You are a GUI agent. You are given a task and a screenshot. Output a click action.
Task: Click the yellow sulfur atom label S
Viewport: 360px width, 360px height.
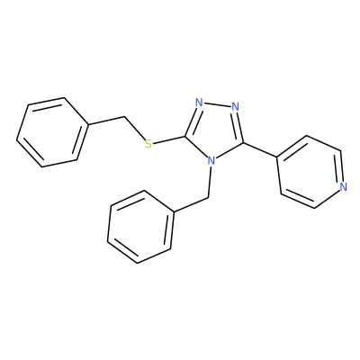pos(148,144)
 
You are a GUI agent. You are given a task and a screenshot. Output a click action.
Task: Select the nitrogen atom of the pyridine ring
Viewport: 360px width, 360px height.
pos(344,186)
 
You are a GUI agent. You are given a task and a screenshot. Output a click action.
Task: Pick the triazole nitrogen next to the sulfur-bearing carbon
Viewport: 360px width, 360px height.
pos(199,103)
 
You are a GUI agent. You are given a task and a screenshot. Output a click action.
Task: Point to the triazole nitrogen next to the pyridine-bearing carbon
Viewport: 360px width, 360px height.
pos(236,106)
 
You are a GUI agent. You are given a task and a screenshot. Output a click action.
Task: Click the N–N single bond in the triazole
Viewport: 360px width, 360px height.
pos(217,104)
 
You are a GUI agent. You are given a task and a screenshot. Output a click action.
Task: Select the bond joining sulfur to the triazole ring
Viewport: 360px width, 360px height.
pos(169,139)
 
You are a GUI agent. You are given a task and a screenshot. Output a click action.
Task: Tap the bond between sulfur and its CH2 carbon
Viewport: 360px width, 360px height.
pos(134,129)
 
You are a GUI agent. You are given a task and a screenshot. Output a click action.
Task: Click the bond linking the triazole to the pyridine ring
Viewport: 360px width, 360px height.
pos(260,149)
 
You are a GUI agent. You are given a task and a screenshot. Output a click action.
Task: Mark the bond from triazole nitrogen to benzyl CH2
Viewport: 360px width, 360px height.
pos(210,183)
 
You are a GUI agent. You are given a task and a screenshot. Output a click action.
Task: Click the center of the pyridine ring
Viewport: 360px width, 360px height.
pos(310,172)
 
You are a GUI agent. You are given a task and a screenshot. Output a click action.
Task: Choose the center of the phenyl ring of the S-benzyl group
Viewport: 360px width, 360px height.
pos(53,132)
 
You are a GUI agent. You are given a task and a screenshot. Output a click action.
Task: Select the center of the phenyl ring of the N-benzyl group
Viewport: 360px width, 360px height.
pos(140,227)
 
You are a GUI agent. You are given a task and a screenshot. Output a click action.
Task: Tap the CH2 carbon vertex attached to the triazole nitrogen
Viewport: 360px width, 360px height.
pos(208,198)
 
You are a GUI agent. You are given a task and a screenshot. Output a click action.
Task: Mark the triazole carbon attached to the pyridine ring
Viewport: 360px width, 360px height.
pos(243,141)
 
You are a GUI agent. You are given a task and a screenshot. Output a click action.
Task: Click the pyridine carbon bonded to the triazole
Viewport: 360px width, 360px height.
pos(277,157)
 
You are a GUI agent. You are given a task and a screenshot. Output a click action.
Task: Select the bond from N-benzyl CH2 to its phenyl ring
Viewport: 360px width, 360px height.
pos(191,205)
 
